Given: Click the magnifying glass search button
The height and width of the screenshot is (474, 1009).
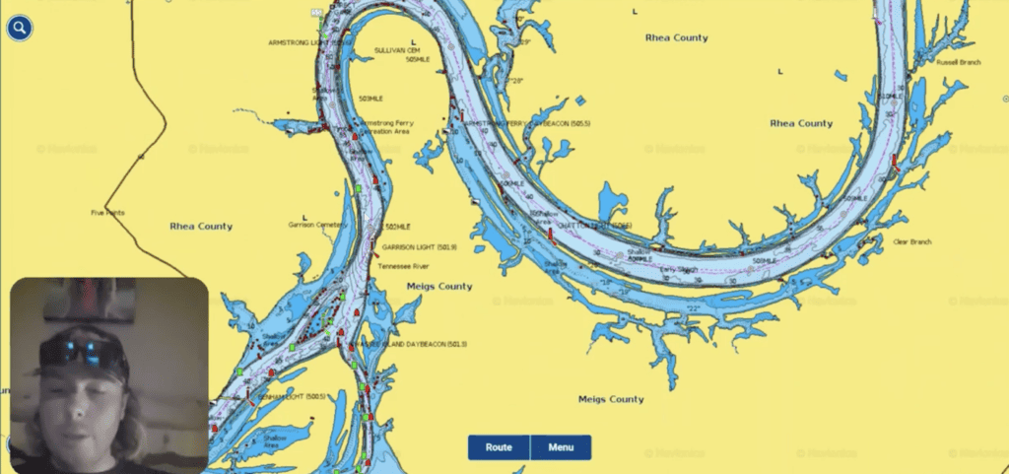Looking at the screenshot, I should click(x=20, y=28).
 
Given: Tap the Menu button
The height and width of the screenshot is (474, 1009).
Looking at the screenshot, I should click(x=561, y=447).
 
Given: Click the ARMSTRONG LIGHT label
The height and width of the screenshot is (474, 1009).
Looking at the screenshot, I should click(x=304, y=42).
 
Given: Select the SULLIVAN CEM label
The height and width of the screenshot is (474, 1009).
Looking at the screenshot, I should click(x=397, y=49).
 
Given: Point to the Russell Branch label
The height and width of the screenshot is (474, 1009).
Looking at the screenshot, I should click(x=958, y=62).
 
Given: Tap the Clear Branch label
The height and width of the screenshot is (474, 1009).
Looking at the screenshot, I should click(x=911, y=241).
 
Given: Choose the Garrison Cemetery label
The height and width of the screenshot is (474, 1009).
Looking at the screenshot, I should click(x=314, y=225).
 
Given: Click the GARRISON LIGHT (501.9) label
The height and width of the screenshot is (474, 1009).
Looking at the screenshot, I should click(x=419, y=247).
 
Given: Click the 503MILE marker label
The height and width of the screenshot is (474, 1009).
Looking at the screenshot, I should click(x=370, y=99).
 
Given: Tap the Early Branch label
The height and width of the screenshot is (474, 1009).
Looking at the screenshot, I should click(x=678, y=269).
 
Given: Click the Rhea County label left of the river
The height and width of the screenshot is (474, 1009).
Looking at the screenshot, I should click(x=201, y=227).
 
